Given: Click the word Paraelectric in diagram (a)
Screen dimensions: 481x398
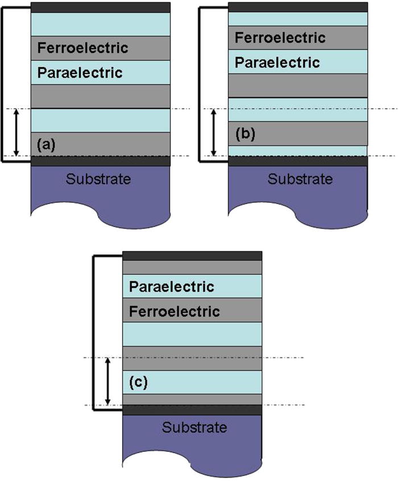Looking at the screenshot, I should (x=80, y=73).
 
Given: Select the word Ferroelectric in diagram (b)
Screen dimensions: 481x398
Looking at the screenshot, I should (x=280, y=38).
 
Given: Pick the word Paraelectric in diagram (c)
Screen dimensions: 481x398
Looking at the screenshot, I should (x=172, y=286).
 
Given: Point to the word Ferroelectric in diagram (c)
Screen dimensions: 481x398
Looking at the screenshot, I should (x=175, y=312).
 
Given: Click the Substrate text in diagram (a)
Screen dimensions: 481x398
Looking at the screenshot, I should (x=98, y=180).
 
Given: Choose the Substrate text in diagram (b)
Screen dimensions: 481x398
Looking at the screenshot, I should (x=300, y=180).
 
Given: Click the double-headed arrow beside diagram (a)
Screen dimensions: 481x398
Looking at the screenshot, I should (x=16, y=132).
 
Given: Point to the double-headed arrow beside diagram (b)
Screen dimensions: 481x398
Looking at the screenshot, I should (x=214, y=132).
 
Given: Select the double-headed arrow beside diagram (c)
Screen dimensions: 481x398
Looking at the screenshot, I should (x=108, y=381).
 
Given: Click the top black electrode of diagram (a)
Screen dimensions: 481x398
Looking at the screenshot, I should (x=101, y=7).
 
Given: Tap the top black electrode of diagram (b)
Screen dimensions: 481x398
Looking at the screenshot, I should (x=297, y=7).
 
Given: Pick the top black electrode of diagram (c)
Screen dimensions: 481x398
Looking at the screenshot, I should (x=192, y=256).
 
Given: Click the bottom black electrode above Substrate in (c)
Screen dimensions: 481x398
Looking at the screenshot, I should (x=192, y=410).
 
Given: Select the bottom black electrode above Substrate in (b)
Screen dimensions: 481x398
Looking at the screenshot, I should (x=297, y=161).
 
